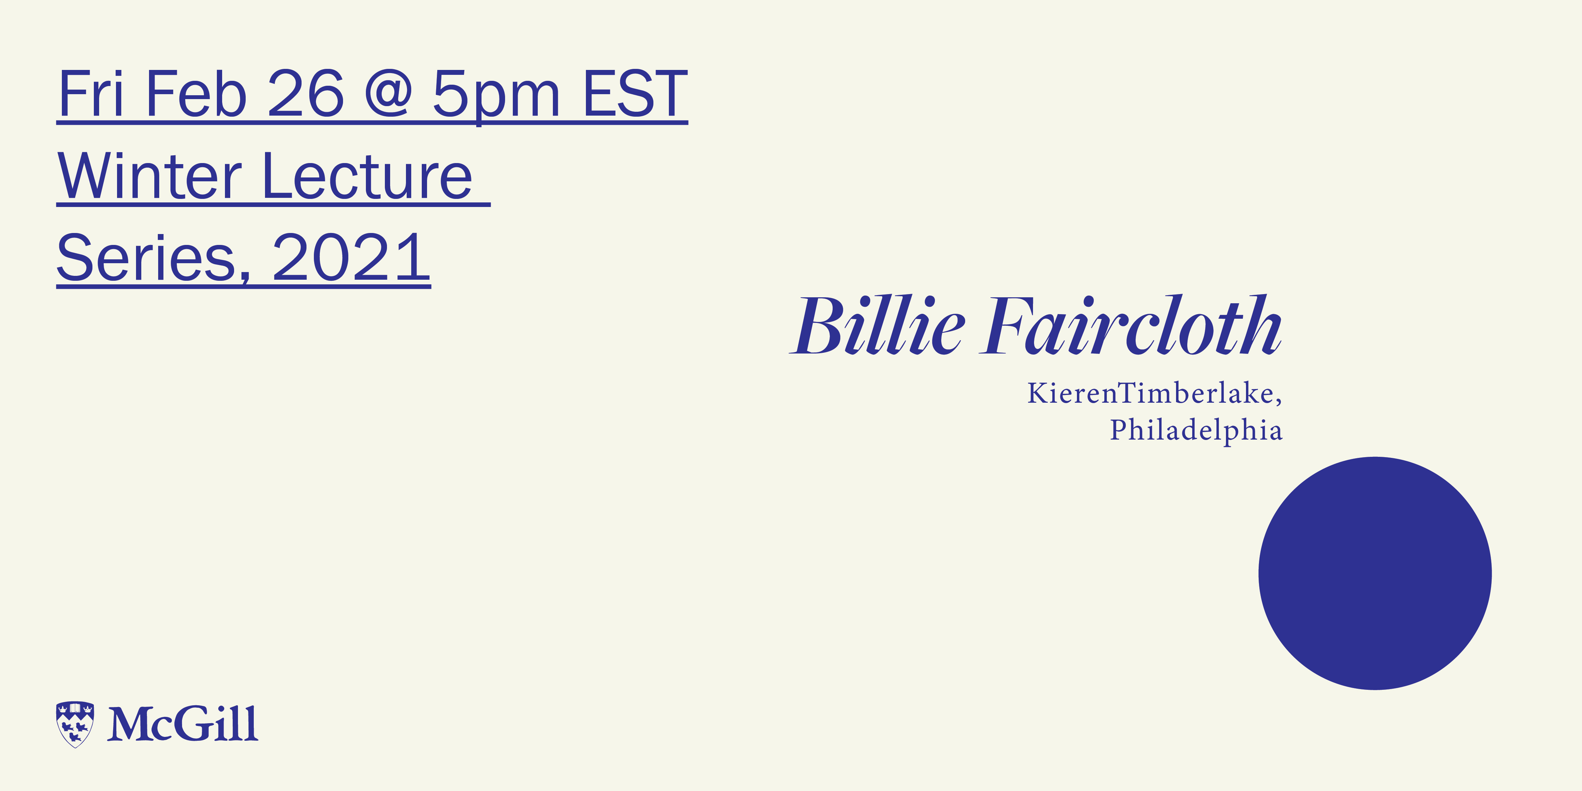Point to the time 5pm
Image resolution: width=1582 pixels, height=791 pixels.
coord(496,96)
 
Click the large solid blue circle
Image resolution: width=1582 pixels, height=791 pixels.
coord(1375,573)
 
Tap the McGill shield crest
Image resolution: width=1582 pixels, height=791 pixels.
coord(75,724)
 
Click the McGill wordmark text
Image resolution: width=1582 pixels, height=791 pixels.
coord(182,724)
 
